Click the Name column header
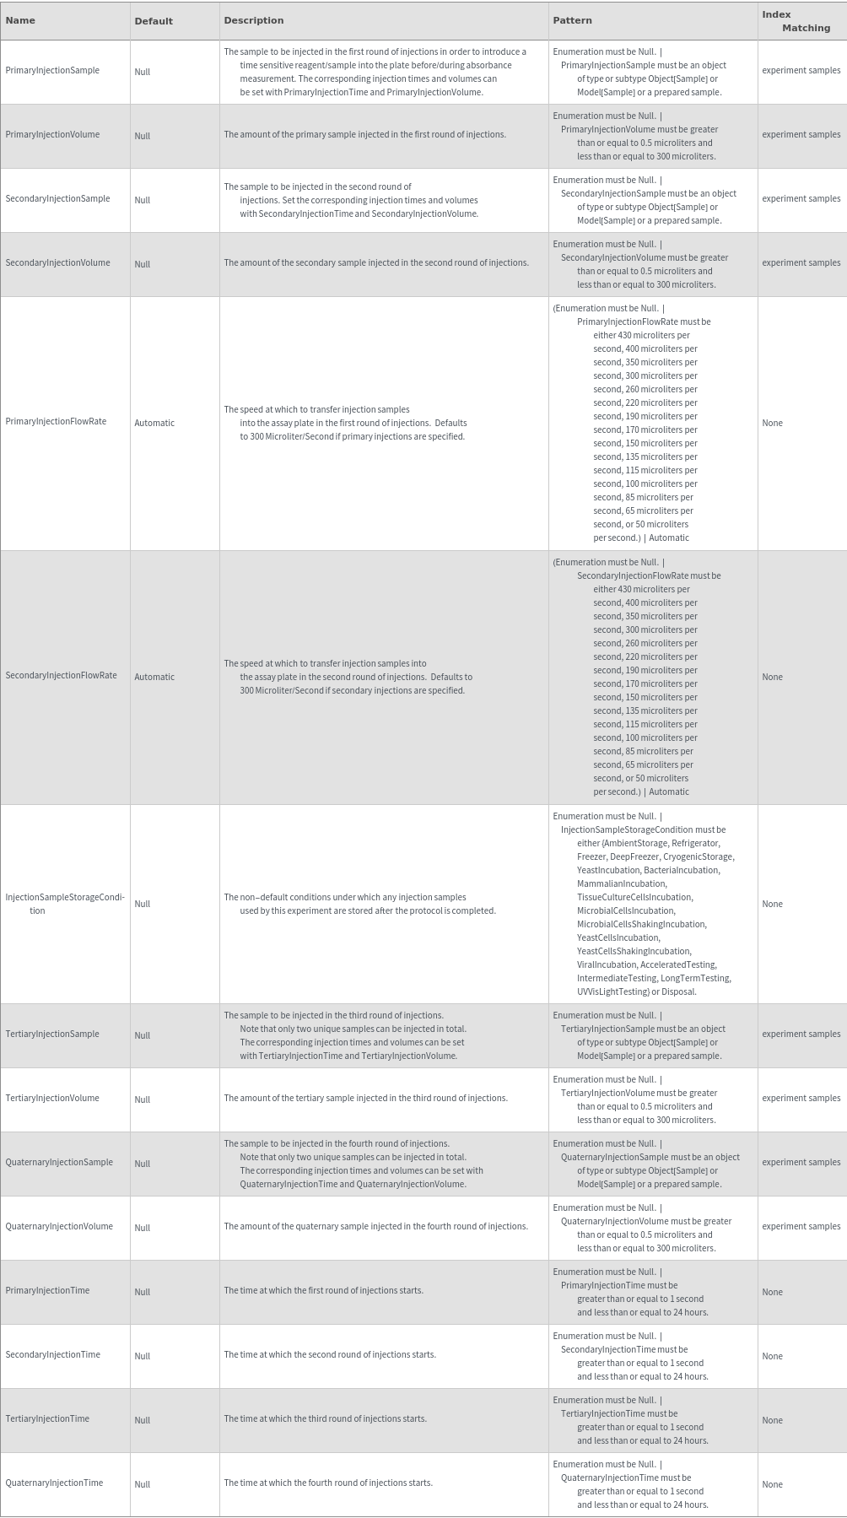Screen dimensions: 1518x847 pyautogui.click(x=20, y=20)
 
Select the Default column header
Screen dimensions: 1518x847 pyautogui.click(x=154, y=21)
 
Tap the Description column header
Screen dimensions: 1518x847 pyautogui.click(x=254, y=20)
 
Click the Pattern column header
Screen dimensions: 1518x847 pyautogui.click(x=572, y=20)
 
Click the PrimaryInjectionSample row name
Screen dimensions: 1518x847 pyautogui.click(x=52, y=71)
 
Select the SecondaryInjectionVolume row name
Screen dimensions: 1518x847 pyautogui.click(x=57, y=263)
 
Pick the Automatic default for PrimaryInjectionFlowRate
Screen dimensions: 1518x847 pyautogui.click(x=154, y=424)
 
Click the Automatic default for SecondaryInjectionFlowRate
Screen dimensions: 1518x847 pyautogui.click(x=154, y=678)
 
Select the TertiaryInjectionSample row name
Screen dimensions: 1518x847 pyautogui.click(x=52, y=1035)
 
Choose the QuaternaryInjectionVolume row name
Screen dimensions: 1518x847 pyautogui.click(x=59, y=1227)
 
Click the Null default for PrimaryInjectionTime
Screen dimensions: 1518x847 pyautogui.click(x=142, y=1293)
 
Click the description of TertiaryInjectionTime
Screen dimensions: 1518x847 pyautogui.click(x=325, y=1419)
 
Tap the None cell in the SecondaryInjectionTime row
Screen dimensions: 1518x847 pyautogui.click(x=772, y=1357)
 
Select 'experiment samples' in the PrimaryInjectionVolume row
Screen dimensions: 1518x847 pyautogui.click(x=801, y=135)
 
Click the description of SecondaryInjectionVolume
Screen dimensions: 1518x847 pyautogui.click(x=376, y=263)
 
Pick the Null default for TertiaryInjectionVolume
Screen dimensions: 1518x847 pyautogui.click(x=142, y=1100)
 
